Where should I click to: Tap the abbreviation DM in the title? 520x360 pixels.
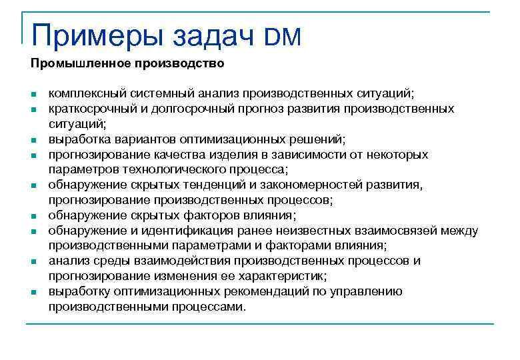coord(283,37)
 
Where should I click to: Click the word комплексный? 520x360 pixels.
coord(81,93)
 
